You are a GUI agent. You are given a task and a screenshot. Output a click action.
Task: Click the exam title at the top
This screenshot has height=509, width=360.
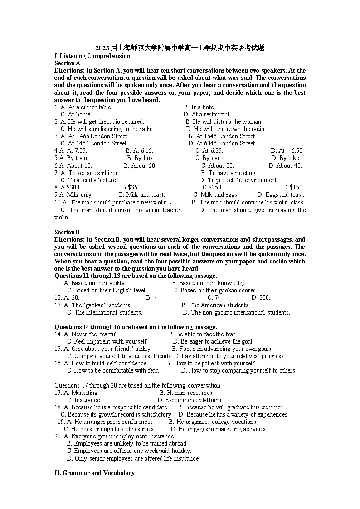click(x=180, y=48)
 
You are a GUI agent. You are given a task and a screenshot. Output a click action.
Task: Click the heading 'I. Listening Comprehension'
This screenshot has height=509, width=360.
click(x=92, y=56)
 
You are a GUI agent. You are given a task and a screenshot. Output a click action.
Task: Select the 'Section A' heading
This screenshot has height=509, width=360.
click(x=67, y=63)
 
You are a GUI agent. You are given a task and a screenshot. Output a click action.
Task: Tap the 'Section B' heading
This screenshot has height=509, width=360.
click(x=67, y=232)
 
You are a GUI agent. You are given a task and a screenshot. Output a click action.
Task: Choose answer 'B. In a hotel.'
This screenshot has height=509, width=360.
click(x=200, y=107)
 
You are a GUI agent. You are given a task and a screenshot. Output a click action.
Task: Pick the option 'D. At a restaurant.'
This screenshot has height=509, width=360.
click(x=207, y=115)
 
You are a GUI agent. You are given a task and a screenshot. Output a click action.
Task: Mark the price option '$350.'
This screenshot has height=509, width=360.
click(x=132, y=187)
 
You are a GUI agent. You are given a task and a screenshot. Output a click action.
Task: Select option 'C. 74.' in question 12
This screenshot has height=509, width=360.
click(x=215, y=298)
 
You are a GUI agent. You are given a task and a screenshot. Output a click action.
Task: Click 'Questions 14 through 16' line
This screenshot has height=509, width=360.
click(x=136, y=327)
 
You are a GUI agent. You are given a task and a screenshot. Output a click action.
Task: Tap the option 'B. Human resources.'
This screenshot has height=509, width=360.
click(x=186, y=393)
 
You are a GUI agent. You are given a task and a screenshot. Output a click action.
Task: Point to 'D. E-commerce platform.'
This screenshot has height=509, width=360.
click(x=190, y=400)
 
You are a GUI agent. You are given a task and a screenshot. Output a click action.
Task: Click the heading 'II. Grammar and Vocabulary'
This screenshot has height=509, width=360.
click(x=94, y=473)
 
